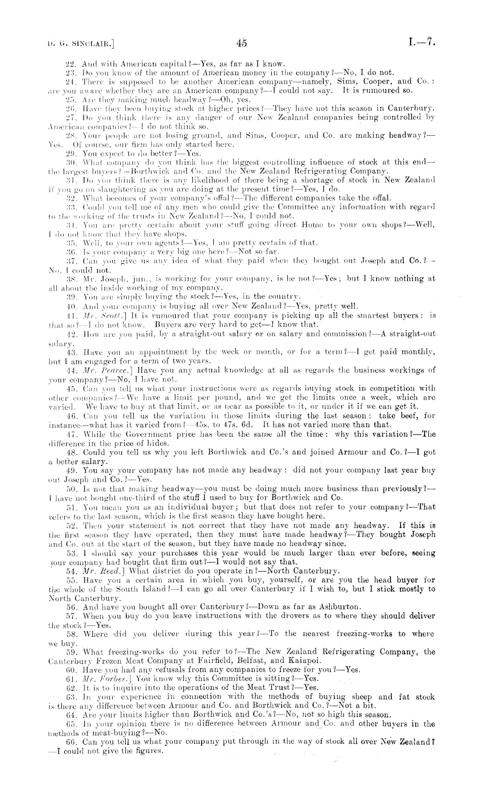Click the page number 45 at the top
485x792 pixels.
pos(242,43)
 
